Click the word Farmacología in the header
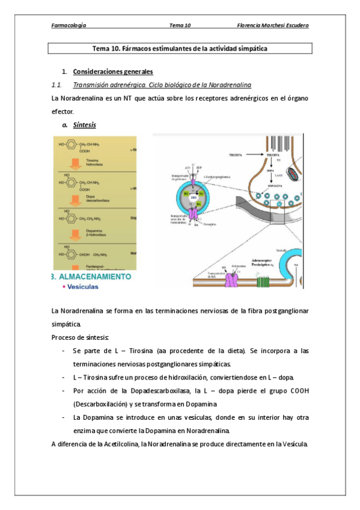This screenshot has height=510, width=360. [69, 25]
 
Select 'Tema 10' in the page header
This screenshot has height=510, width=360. [180, 25]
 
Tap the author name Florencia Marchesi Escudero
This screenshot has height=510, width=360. [273, 25]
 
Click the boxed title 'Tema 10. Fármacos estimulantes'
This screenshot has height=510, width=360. [180, 48]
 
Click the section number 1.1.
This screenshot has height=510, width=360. [58, 84]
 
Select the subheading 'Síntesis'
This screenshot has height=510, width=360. [84, 125]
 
